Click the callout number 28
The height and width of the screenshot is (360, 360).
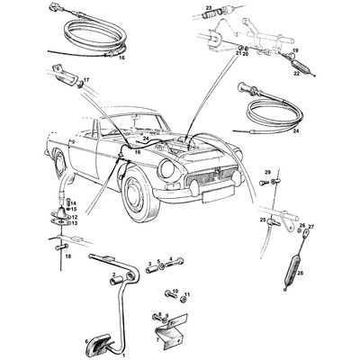tap(300, 272)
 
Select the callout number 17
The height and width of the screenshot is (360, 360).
tap(87, 80)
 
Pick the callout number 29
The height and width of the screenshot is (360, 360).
tap(267, 171)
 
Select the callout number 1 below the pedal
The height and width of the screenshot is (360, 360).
tap(123, 355)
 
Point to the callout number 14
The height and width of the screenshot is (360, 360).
tap(75, 203)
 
